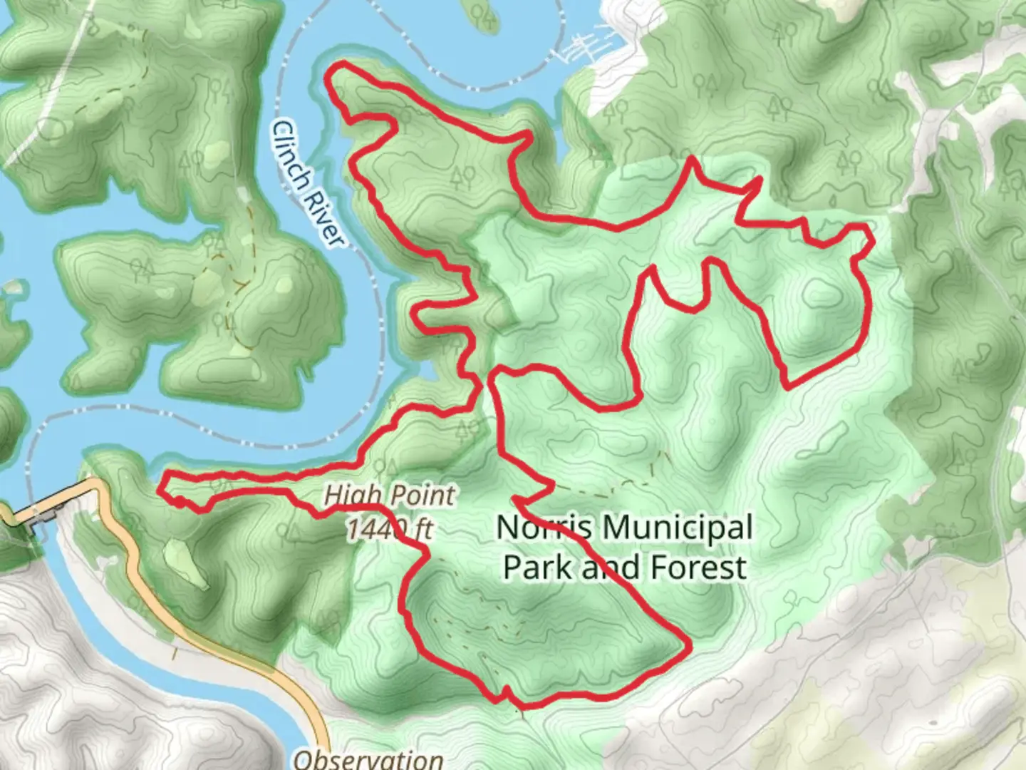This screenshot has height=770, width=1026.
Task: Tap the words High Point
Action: tap(389, 495)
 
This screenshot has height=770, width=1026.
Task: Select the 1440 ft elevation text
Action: tap(389, 529)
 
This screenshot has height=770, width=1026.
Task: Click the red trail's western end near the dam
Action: tap(162, 488)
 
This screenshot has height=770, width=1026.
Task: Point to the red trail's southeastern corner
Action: tap(688, 646)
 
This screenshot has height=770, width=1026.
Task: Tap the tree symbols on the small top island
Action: tap(487, 17)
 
